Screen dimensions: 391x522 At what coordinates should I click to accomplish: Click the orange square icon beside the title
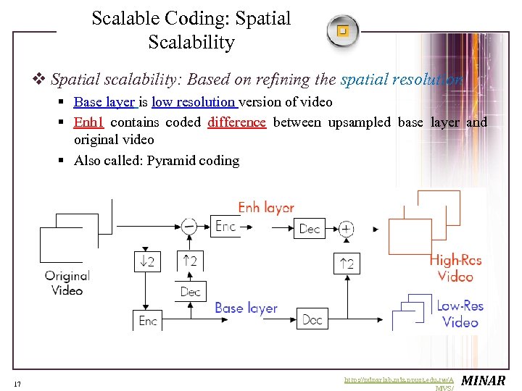click(342, 31)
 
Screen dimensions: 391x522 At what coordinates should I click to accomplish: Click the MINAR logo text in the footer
click(483, 381)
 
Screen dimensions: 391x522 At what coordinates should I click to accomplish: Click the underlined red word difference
click(236, 122)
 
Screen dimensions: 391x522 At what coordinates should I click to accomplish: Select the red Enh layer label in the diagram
click(266, 208)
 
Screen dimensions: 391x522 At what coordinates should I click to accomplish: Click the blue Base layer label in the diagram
click(246, 308)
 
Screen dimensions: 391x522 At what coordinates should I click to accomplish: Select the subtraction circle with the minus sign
click(189, 226)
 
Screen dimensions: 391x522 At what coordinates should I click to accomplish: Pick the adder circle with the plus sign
click(347, 229)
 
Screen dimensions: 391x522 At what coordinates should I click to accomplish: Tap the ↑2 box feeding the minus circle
click(190, 260)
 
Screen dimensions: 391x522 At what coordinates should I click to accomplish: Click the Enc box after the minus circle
click(225, 227)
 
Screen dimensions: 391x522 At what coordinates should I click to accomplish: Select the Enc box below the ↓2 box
click(147, 319)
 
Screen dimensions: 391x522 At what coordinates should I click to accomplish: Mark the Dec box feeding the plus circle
click(310, 229)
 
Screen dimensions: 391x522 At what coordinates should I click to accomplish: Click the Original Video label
click(67, 283)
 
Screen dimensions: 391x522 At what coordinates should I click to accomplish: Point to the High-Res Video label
click(455, 269)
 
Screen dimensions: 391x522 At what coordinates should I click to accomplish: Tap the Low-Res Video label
click(460, 314)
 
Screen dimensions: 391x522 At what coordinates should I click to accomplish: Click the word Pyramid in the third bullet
click(170, 161)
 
